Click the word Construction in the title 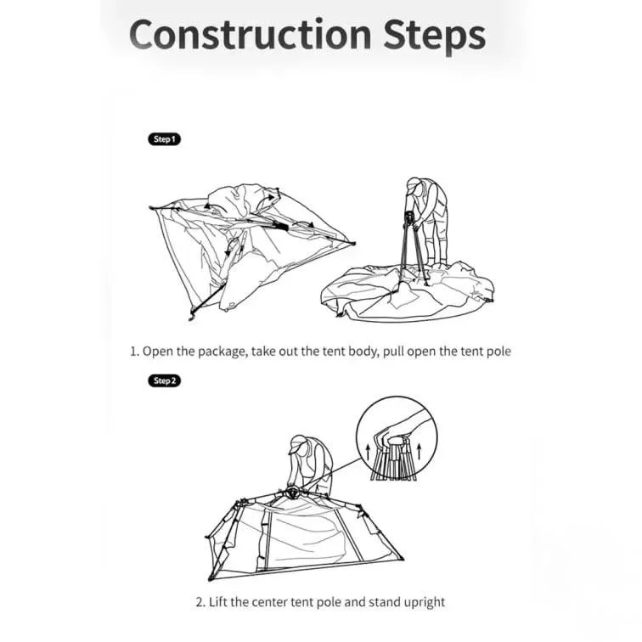coord(251,34)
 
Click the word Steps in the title coord(435,36)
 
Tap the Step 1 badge coord(164,139)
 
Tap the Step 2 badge coord(164,380)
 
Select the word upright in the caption coord(425,603)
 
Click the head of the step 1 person coord(414,185)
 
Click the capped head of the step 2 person coord(298,444)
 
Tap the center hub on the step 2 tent coord(292,492)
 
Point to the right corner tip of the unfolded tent coord(353,244)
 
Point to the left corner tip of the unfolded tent coord(151,207)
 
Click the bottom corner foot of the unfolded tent coord(191,317)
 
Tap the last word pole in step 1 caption coord(498,352)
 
